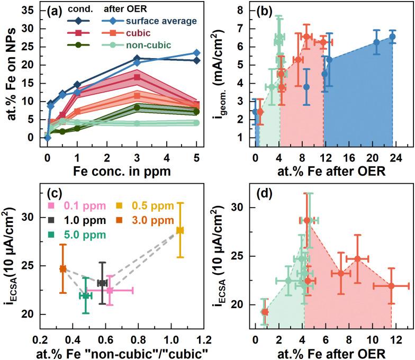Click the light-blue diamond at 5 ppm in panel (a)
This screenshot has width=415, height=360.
coord(196,53)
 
